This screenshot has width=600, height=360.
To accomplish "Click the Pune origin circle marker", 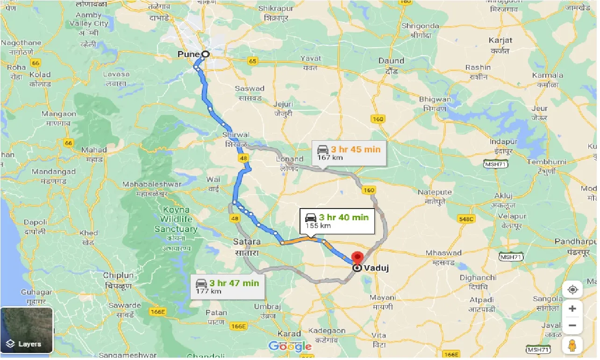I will pyautogui.click(x=205, y=54).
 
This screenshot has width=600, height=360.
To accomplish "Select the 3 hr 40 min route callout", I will pyautogui.click(x=336, y=221).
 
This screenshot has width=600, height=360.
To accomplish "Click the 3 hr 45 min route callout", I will pyautogui.click(x=349, y=153).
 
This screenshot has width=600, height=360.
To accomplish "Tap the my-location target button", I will pyautogui.click(x=572, y=290).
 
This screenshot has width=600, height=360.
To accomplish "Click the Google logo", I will pyautogui.click(x=290, y=346).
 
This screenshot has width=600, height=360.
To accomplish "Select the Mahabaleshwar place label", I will pyautogui.click(x=151, y=184).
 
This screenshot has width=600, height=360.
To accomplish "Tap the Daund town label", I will pyautogui.click(x=391, y=61).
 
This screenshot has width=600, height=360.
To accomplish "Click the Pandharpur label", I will pyautogui.click(x=576, y=242).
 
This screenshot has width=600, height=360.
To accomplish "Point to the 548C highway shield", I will pyautogui.click(x=466, y=219).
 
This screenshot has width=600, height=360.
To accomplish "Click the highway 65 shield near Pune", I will pyautogui.click(x=253, y=61).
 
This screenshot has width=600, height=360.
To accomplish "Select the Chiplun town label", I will pyautogui.click(x=119, y=275).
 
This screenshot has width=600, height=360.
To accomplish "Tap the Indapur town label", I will pyautogui.click(x=504, y=142).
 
